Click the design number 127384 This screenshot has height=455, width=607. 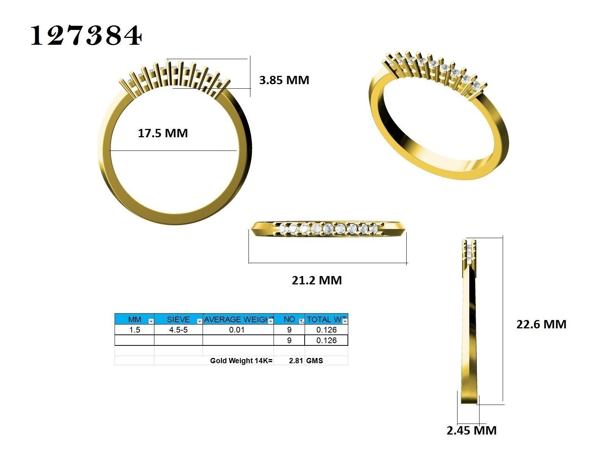click(86, 36)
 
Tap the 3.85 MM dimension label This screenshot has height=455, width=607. click(284, 80)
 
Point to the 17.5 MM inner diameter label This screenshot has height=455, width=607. click(163, 133)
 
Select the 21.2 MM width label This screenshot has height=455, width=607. click(317, 280)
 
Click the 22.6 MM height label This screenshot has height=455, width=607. click(541, 324)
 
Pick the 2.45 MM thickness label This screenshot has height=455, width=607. click(472, 430)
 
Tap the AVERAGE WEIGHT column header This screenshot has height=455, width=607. click(236, 320)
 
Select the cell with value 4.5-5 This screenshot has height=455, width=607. click(178, 330)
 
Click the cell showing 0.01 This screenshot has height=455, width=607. click(237, 330)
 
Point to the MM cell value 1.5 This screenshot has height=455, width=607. click(135, 330)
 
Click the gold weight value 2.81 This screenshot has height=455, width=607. click(296, 361)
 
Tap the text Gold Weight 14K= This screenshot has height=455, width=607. click(241, 361)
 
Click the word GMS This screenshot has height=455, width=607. click(315, 361)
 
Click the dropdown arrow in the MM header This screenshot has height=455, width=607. click(151, 321)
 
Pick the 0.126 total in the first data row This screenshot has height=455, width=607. click(326, 330)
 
